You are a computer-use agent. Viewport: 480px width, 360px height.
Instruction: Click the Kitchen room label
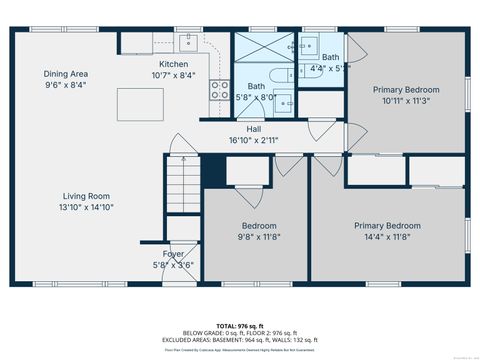172,63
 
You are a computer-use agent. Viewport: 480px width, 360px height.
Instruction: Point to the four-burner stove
218,93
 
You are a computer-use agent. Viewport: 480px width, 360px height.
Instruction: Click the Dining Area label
66,73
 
